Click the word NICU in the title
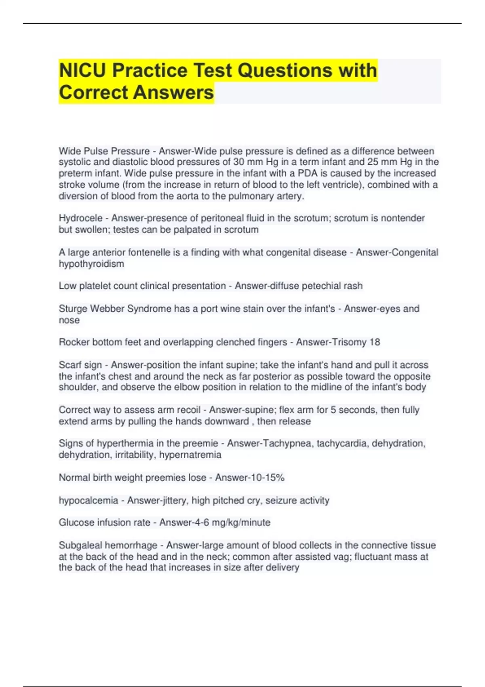click(83, 71)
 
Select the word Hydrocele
click(80, 218)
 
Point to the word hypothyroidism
click(91, 264)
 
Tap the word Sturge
click(73, 309)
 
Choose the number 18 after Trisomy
click(375, 342)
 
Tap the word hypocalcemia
click(88, 500)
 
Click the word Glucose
click(75, 523)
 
